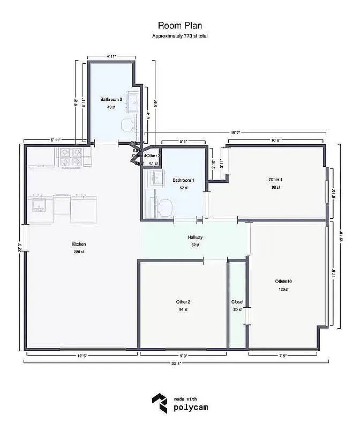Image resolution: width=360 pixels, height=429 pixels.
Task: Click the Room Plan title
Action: click(x=179, y=25)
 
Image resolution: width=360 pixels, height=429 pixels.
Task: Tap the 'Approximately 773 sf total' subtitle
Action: click(x=179, y=35)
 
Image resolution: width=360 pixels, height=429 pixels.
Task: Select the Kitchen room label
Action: click(x=79, y=244)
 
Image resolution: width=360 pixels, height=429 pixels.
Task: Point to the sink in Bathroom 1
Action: click(x=157, y=179)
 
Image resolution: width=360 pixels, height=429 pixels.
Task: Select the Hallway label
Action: click(x=194, y=237)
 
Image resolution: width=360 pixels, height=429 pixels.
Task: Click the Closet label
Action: click(x=237, y=302)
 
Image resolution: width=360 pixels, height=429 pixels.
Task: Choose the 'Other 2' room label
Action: click(x=183, y=302)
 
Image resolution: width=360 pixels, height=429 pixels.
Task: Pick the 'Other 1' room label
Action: click(x=275, y=180)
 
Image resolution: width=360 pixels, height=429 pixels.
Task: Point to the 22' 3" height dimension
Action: click(x=20, y=246)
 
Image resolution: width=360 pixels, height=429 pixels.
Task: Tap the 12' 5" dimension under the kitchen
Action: click(x=82, y=355)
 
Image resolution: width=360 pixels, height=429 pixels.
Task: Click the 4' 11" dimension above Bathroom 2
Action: click(x=111, y=56)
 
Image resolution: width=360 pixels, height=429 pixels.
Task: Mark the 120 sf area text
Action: click(x=283, y=290)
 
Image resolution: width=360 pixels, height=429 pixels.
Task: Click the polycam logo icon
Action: click(x=159, y=403)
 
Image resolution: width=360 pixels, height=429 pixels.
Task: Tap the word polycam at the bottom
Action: click(x=191, y=408)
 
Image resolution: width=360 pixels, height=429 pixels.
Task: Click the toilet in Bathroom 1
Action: click(x=165, y=205)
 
